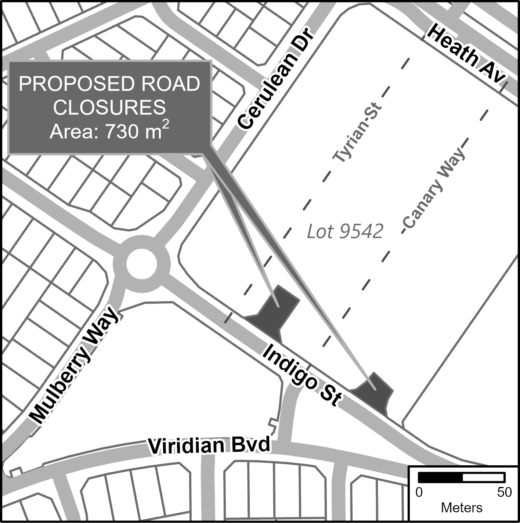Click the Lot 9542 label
(x=345, y=231)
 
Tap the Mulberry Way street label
(x=74, y=368)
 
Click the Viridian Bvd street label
(x=209, y=446)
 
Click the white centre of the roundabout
(x=142, y=264)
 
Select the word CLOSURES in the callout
(x=109, y=108)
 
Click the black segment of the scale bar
(x=440, y=478)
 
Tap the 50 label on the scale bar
(x=504, y=493)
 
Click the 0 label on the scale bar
(x=419, y=493)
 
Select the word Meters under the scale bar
(x=462, y=508)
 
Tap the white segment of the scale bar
(x=483, y=478)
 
